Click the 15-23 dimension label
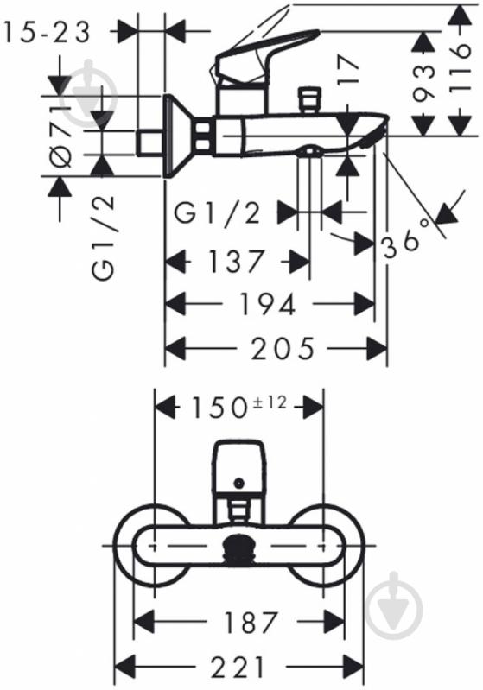[48, 32]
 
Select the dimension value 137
[237, 261]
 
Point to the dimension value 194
[267, 304]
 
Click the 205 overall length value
[283, 348]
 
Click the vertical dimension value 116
[461, 67]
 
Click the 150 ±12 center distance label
[238, 407]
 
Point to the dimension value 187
[251, 623]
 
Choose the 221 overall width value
[238, 667]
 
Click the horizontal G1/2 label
[217, 213]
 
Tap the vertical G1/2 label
[104, 237]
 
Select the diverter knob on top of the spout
[309, 99]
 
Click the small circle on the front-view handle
[239, 484]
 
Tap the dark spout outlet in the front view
[239, 548]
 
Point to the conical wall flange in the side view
[181, 136]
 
